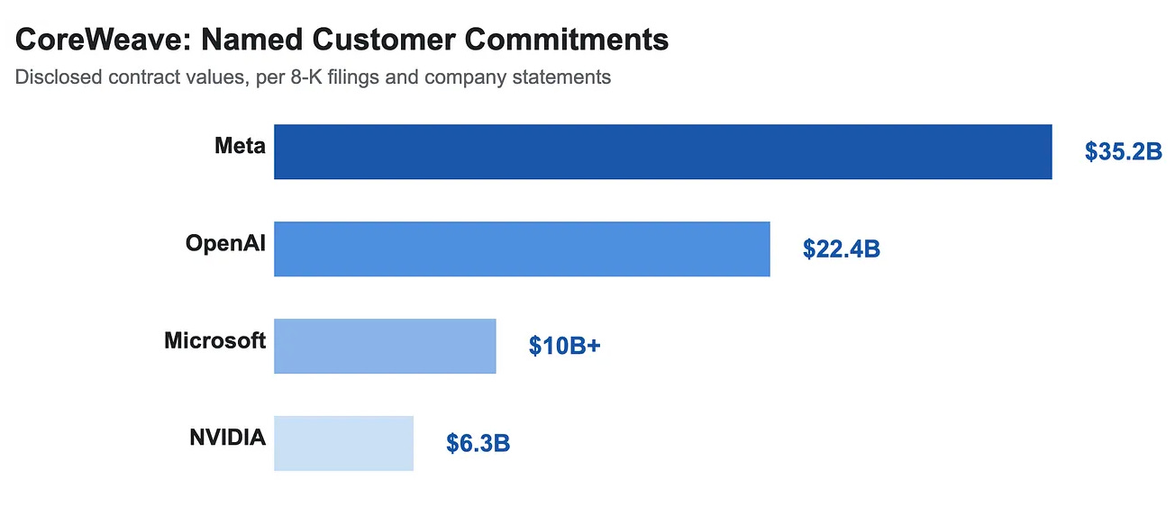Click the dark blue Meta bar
662,151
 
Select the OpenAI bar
522,249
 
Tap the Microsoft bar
385,346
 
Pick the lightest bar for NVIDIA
343,443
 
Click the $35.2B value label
1123,151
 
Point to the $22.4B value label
842,248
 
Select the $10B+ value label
564,346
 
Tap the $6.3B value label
478,443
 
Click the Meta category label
240,146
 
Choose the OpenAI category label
225,243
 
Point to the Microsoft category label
215,340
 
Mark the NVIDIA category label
228,438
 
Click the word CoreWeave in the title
104,40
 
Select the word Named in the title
251,40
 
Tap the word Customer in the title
384,40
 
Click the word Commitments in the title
567,40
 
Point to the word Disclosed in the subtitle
59,77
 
